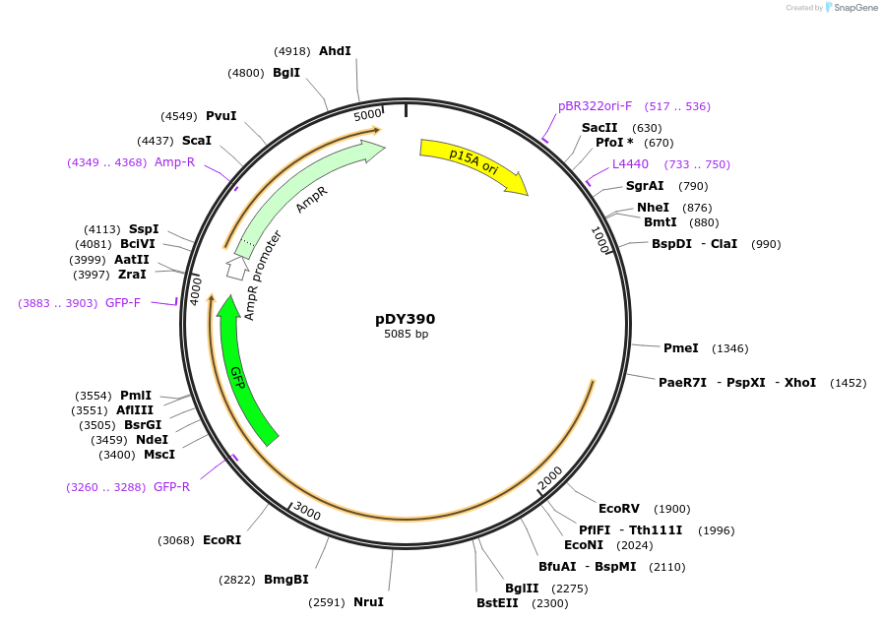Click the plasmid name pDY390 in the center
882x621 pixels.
click(405, 319)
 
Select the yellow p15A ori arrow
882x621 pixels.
click(472, 163)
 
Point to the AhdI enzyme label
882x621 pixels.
click(335, 51)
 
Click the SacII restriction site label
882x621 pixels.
click(599, 128)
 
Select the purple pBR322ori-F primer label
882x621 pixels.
click(595, 106)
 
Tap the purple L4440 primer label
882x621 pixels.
click(630, 164)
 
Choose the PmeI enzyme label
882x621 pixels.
click(680, 348)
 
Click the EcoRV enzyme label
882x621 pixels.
click(619, 509)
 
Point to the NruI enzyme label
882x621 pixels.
click(368, 602)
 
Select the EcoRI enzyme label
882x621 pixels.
click(221, 540)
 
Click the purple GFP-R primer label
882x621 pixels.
click(171, 487)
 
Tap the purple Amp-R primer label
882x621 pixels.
click(174, 162)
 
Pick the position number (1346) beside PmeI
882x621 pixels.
click(730, 348)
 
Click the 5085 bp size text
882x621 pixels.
click(406, 335)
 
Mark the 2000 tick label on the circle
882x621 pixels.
click(550, 474)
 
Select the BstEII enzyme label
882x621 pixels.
click(497, 603)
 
